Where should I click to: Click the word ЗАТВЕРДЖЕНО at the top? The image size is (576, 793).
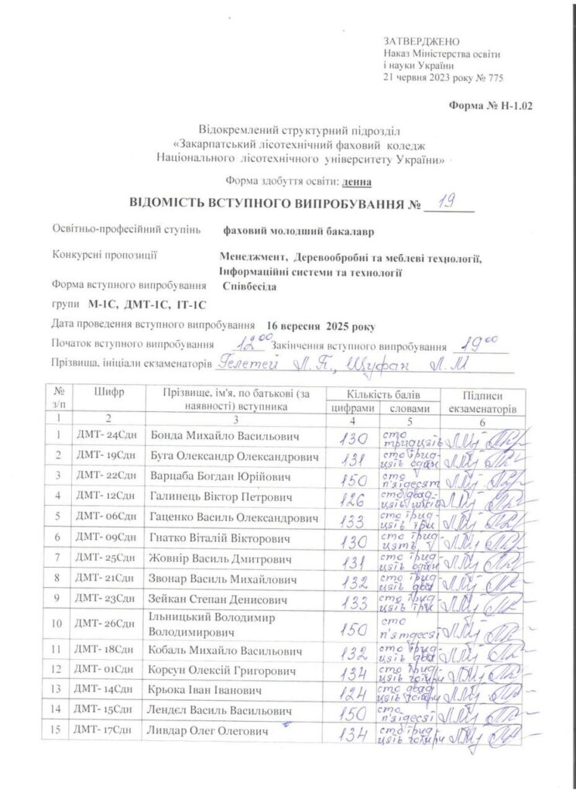(x=421, y=41)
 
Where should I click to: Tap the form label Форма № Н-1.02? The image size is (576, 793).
(x=491, y=105)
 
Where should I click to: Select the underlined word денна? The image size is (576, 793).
(x=357, y=181)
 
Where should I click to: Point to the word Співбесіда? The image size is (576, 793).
(x=250, y=286)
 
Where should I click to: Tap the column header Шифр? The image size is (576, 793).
(x=108, y=393)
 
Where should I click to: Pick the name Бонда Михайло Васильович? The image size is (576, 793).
(x=217, y=434)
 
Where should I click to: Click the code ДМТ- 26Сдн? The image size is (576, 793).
(x=105, y=623)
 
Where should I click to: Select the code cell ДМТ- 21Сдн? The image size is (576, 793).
(x=105, y=578)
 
